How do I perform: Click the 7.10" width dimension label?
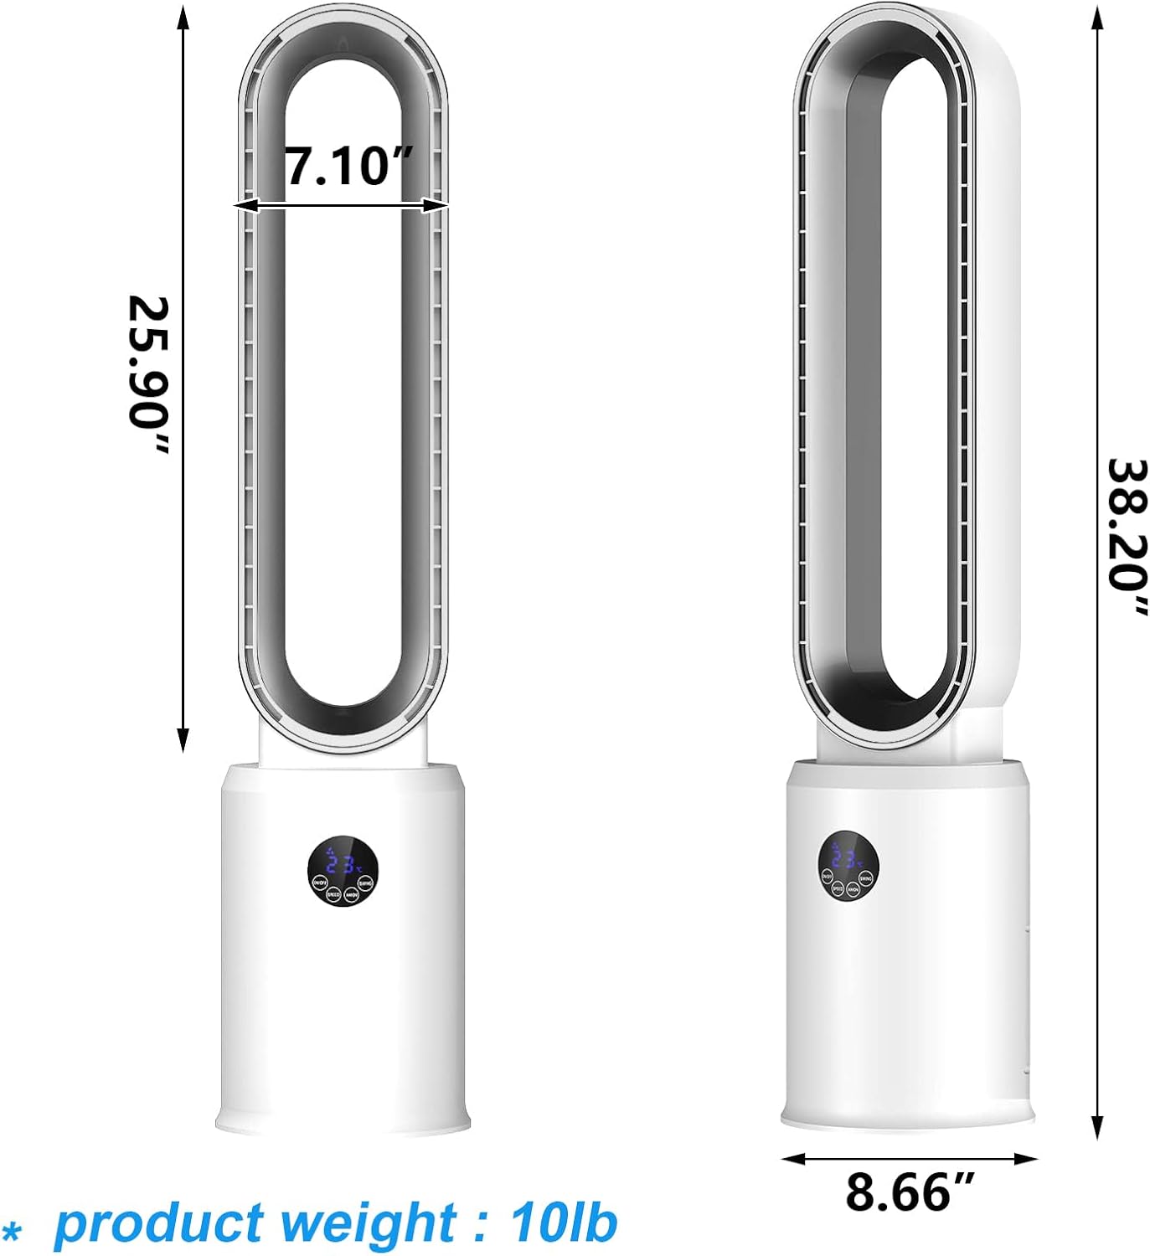[348, 165]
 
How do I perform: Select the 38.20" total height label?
[1127, 536]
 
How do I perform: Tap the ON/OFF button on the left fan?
[319, 883]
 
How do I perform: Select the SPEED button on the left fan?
[333, 894]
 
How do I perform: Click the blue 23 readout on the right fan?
[845, 858]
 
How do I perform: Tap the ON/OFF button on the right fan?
[827, 877]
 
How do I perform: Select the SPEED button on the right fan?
[837, 888]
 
